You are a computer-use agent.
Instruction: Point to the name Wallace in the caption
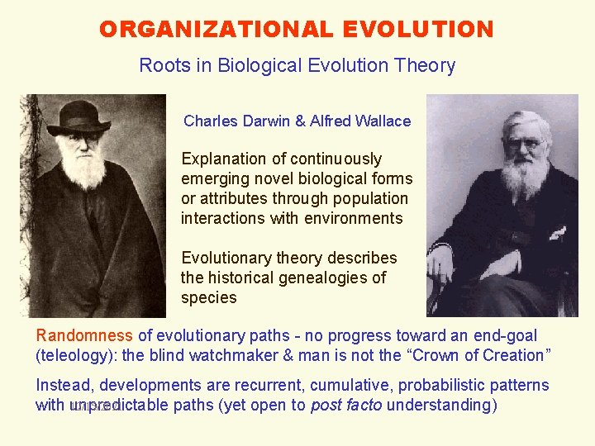[x=383, y=121]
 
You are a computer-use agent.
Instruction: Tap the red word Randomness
[x=84, y=335]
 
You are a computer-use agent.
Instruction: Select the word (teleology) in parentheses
[x=79, y=355]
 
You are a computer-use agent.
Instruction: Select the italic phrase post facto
[x=346, y=405]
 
